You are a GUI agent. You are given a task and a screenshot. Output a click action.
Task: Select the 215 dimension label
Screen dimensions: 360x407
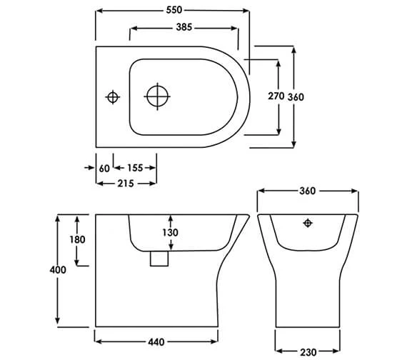126,183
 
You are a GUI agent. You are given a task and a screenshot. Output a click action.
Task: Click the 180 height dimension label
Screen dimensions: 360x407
78,239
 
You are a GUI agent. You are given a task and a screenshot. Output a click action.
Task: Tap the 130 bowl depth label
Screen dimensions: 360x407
170,232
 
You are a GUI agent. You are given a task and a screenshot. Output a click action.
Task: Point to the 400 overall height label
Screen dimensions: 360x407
59,270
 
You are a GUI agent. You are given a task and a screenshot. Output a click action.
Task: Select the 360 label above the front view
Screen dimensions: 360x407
307,191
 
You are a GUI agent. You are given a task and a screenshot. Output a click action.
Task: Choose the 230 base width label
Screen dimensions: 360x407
308,351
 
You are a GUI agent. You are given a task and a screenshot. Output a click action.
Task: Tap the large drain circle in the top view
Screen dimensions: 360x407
157,95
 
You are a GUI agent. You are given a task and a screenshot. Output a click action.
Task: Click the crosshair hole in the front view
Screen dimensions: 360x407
308,224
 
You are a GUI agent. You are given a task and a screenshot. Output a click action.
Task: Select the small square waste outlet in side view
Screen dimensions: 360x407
159,258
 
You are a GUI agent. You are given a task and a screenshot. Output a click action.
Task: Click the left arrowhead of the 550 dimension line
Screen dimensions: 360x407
98,10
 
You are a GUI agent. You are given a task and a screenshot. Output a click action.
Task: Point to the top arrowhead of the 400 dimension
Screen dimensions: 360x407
59,216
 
